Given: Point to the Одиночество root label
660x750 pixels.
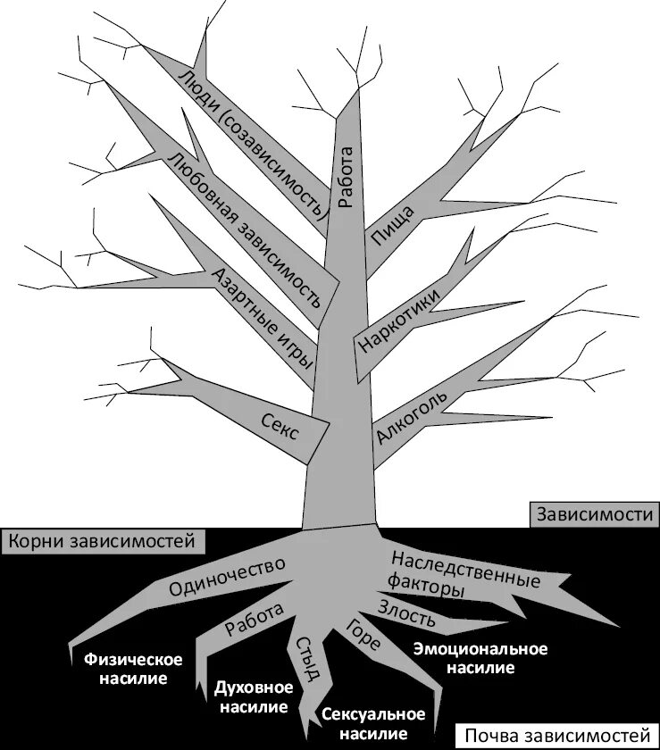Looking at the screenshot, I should (227, 577).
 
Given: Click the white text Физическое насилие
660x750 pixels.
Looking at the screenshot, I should (133, 669).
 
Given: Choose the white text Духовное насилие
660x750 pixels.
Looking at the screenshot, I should (254, 697).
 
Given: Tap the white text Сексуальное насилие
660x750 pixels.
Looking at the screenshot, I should (372, 724).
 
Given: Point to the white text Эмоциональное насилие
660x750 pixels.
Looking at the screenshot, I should (480, 658).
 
